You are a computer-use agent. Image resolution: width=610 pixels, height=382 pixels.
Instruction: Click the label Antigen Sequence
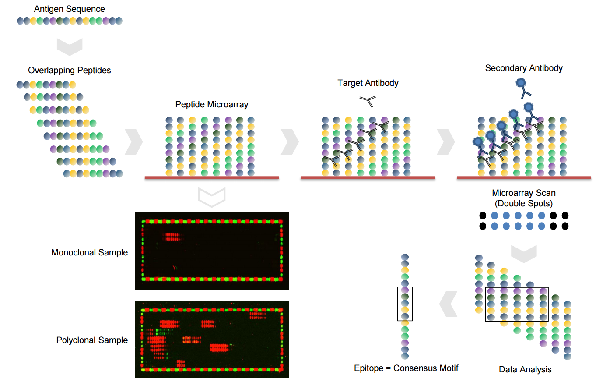pos(69,9)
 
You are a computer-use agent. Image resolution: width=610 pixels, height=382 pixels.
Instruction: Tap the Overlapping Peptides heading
pos(69,71)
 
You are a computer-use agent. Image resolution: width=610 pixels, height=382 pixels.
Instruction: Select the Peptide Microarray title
pos(212,104)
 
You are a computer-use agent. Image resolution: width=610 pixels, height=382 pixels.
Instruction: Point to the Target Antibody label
pos(368,83)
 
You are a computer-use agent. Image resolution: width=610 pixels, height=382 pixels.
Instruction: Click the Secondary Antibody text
pos(524,68)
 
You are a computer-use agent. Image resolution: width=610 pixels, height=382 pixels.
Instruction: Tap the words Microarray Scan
pos(524,193)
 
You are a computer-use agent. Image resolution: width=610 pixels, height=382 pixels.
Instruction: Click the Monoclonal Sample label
pos(90,252)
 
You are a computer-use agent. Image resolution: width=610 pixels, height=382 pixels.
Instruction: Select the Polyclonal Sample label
pos(92,340)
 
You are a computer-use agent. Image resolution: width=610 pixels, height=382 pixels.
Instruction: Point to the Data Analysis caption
pos(525,369)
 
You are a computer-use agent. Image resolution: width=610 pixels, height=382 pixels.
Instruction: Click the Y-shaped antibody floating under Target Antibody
pos(368,101)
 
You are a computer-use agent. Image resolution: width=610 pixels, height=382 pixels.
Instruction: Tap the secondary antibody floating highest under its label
pos(523,88)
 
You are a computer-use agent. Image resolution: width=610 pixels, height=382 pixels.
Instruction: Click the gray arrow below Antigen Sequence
pos(70,46)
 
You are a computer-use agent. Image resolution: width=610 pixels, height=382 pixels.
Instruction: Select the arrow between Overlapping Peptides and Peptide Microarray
pos(134,142)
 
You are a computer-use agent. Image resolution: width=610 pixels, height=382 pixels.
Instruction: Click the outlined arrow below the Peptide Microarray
pos(212,197)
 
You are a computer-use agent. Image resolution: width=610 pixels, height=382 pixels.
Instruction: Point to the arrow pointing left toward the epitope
pos(448,304)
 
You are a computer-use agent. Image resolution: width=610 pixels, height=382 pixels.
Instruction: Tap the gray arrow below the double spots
pos(524,254)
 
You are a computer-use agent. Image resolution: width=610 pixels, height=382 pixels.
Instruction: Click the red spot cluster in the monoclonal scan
pos(172,237)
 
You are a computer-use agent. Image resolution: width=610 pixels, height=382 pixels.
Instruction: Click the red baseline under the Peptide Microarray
pos(212,177)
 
